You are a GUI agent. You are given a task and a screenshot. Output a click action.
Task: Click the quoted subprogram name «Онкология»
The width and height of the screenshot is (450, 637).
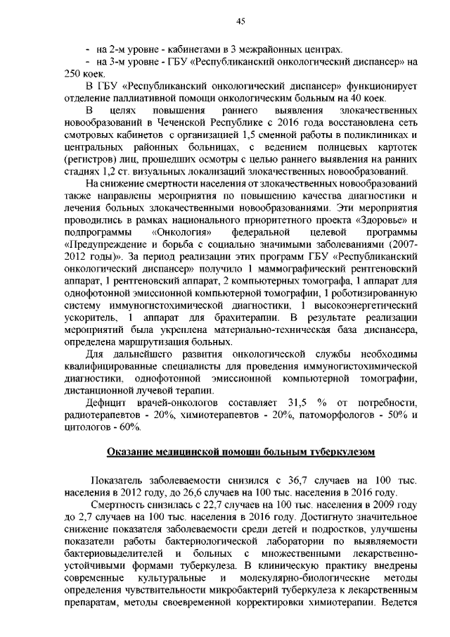[179, 232]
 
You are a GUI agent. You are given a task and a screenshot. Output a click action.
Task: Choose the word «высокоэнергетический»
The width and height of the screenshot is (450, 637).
[367, 305]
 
